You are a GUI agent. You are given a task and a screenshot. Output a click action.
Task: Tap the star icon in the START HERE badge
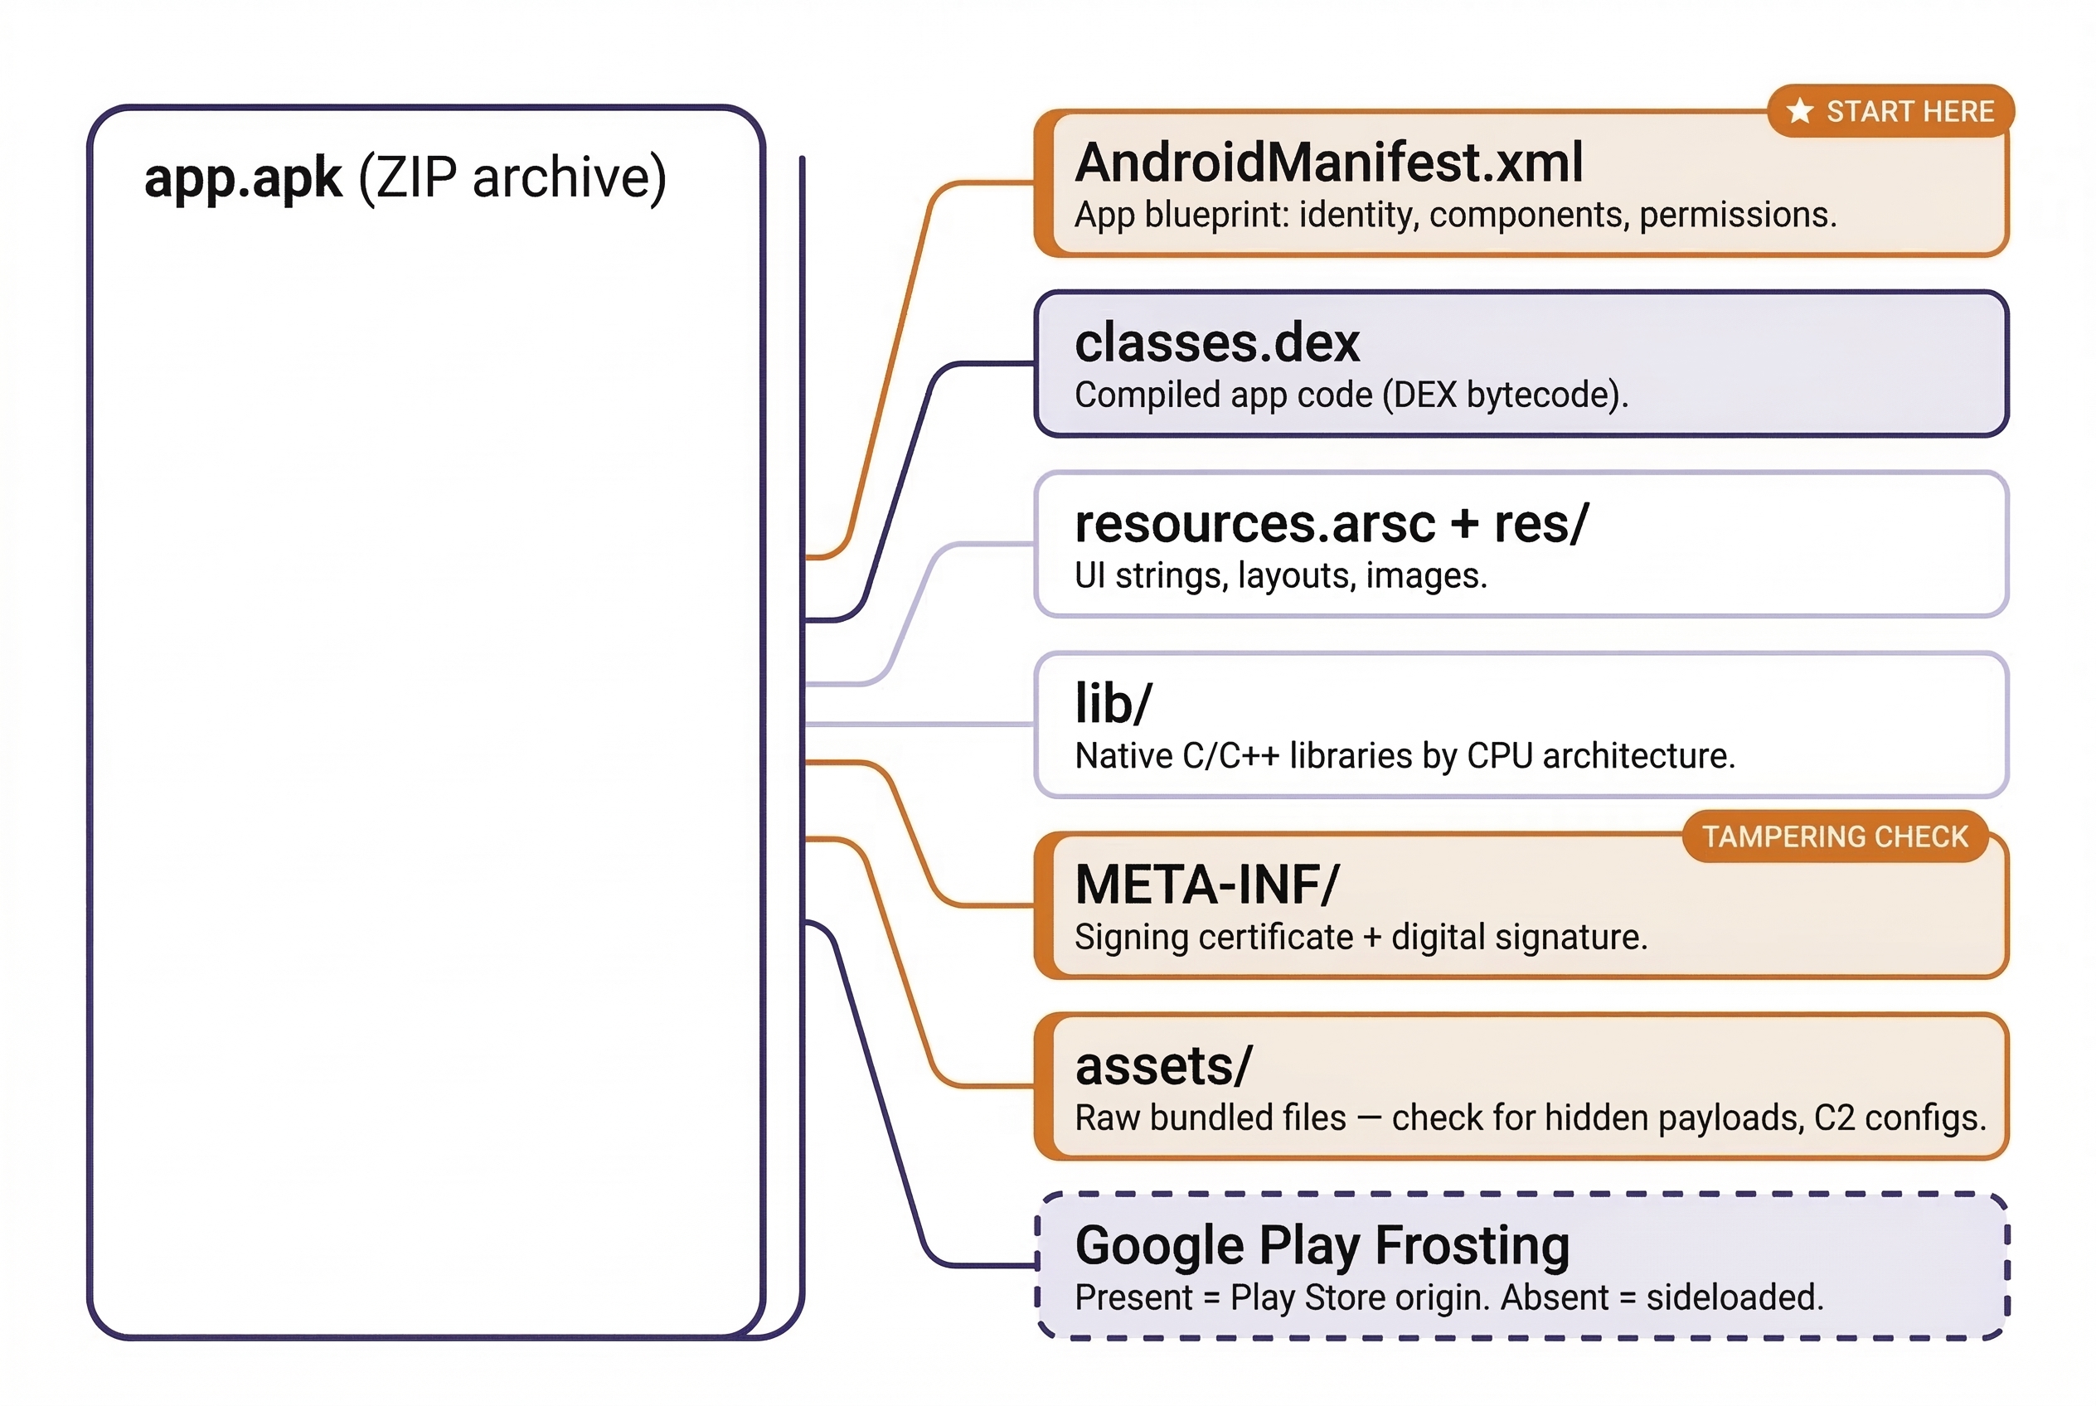coord(1799,111)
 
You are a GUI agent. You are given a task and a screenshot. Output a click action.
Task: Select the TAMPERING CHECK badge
coord(1835,836)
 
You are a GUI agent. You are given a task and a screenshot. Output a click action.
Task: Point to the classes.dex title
coord(1217,343)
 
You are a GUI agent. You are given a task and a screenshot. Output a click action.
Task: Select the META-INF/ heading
coord(1207,885)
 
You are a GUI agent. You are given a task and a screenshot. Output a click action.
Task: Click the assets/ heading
coord(1163,1066)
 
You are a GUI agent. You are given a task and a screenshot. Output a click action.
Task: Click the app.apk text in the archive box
coord(243,177)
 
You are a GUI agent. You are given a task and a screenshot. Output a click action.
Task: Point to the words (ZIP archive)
coord(512,177)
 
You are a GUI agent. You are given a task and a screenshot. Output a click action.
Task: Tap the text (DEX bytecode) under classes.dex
coord(1503,395)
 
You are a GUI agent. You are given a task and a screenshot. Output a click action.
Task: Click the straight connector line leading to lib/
coord(919,724)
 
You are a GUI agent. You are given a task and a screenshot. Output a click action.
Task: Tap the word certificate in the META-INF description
coord(1276,937)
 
